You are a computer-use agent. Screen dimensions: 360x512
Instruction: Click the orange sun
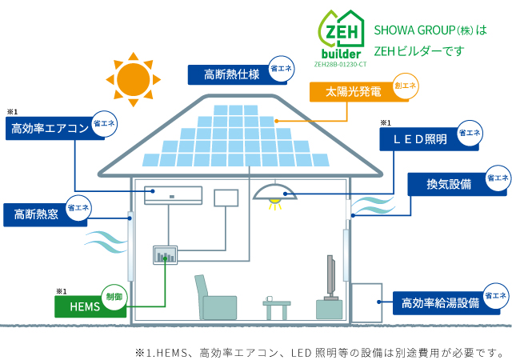tap(133, 78)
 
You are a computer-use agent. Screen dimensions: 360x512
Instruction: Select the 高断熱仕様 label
tap(230, 75)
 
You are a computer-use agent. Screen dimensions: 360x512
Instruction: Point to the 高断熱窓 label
tap(36, 214)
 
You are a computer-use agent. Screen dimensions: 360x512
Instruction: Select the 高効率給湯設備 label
tap(440, 303)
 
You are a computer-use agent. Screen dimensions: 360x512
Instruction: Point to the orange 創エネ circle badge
tap(406, 85)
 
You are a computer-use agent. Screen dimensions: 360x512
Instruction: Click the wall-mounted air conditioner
tap(174, 194)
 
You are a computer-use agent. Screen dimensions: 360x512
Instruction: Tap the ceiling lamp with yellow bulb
tap(274, 196)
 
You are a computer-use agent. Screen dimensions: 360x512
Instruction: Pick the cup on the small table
tap(270, 300)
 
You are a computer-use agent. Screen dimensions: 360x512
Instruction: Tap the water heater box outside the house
tap(366, 301)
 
